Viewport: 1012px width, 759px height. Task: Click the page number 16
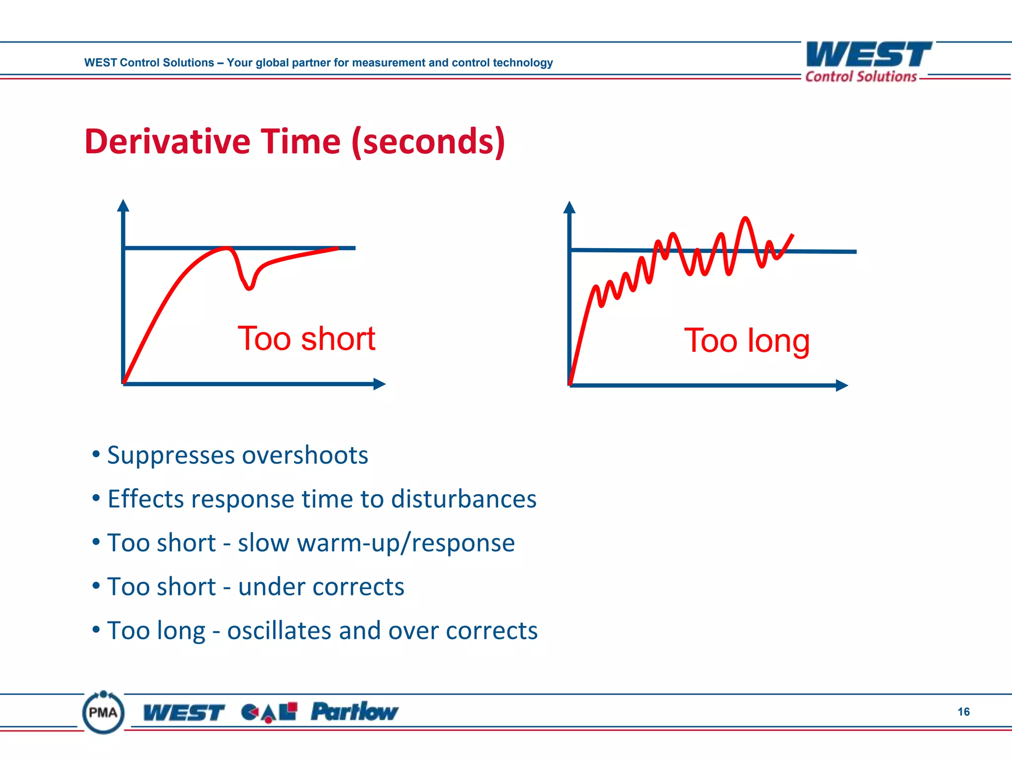click(963, 712)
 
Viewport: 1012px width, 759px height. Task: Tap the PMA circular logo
click(103, 713)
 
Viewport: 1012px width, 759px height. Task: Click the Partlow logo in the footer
click(354, 712)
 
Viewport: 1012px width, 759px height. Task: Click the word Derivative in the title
click(167, 142)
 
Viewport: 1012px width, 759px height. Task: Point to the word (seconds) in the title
click(428, 142)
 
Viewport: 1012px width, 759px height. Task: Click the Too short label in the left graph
click(306, 339)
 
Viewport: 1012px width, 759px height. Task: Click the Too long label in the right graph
click(747, 340)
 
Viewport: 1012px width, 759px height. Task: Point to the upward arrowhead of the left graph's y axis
click(123, 205)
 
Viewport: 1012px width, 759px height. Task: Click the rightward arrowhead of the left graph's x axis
click(379, 384)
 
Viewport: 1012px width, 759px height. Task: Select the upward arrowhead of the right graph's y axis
click(569, 207)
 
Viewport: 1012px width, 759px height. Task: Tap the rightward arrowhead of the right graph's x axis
click(842, 385)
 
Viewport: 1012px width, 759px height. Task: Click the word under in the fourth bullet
click(271, 587)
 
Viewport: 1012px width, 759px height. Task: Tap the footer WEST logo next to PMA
click(184, 713)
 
